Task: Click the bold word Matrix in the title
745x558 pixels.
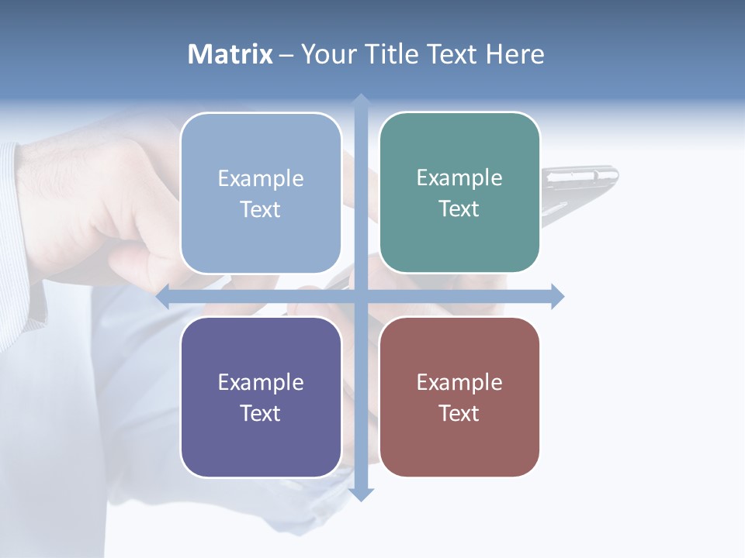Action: [230, 54]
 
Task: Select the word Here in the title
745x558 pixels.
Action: [515, 54]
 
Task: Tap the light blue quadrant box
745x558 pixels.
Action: [261, 193]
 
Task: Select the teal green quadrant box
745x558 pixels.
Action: [459, 192]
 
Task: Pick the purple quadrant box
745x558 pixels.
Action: [261, 397]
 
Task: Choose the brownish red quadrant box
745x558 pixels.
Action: [459, 397]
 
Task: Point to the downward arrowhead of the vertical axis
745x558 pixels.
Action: [361, 494]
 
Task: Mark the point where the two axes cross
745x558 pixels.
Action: [361, 296]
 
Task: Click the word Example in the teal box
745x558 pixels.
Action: [459, 177]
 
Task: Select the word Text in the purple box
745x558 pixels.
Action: [261, 413]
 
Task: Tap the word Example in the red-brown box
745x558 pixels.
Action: [459, 382]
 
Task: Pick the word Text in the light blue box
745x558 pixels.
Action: [261, 209]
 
